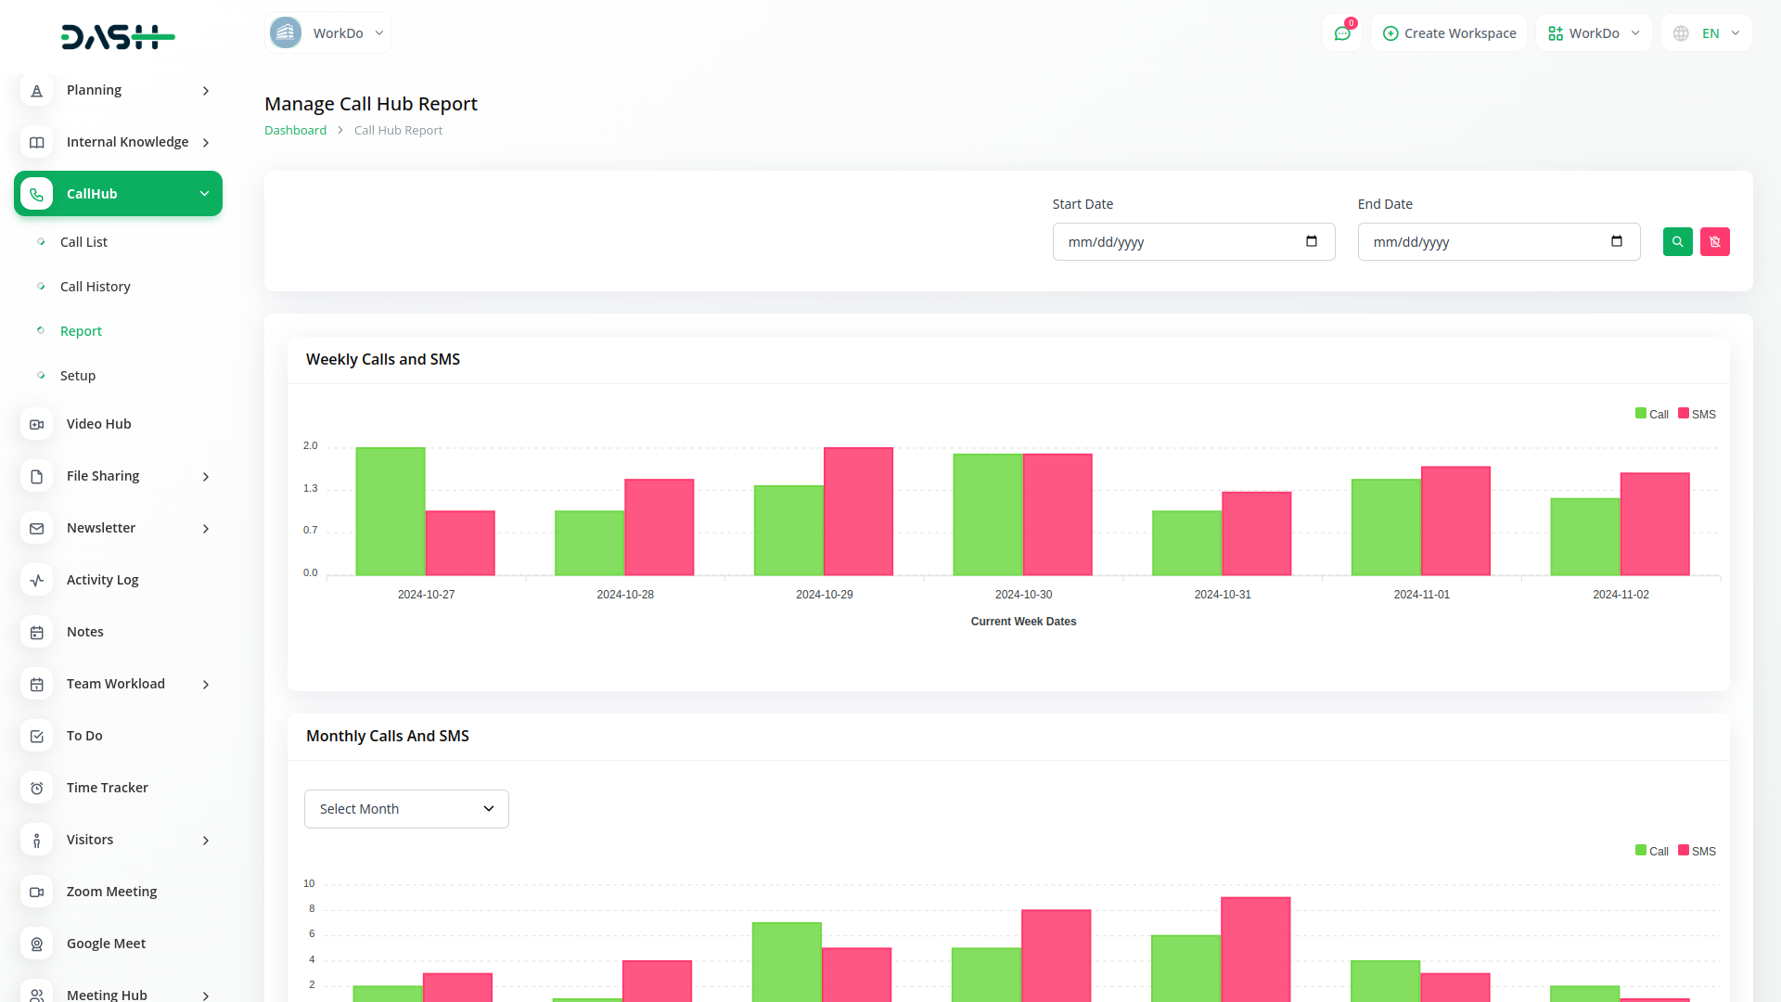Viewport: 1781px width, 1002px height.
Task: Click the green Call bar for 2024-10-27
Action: [391, 511]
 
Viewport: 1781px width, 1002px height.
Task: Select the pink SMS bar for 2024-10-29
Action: [858, 511]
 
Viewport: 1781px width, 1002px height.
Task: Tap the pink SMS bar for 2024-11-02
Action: [1655, 524]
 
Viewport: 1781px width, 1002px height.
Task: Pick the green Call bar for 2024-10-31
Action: [1186, 543]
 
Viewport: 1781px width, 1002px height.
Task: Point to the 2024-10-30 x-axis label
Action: [1023, 595]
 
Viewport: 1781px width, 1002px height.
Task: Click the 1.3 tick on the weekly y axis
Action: [310, 489]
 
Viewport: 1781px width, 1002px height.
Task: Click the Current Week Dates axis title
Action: [1023, 622]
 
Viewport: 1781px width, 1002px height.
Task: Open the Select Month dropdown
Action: [406, 809]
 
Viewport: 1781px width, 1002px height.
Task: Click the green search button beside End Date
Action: [1677, 242]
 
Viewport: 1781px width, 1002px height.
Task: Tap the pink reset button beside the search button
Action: [1714, 242]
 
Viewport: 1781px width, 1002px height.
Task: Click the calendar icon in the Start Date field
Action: [1312, 242]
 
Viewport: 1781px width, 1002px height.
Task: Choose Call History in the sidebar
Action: [96, 287]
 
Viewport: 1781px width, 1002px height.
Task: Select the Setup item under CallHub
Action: [78, 376]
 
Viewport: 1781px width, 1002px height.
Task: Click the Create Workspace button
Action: [1449, 33]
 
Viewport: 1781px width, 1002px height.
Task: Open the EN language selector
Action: [1707, 33]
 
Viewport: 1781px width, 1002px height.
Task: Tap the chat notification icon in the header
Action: [1342, 33]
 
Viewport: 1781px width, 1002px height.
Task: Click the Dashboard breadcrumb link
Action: [295, 131]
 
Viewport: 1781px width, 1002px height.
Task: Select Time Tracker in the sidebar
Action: [108, 788]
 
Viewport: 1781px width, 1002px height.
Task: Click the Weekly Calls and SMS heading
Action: [383, 360]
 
